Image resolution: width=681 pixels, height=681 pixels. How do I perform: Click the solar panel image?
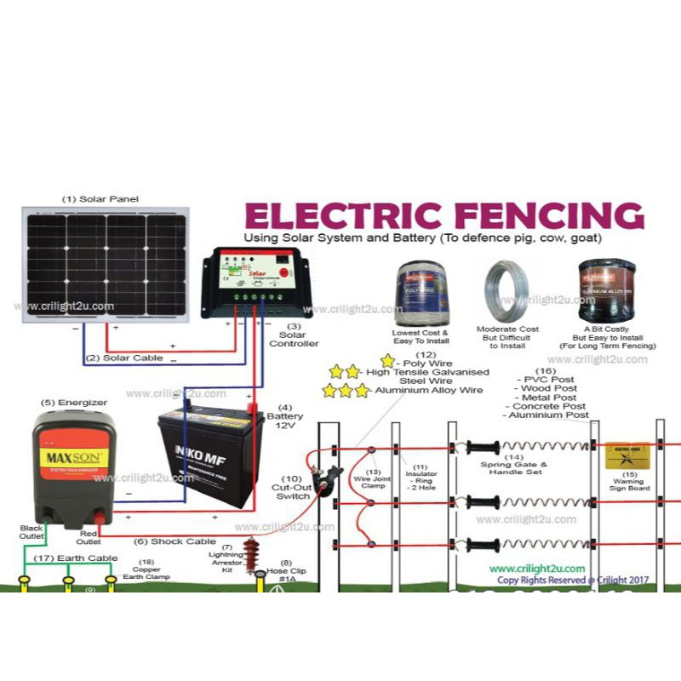point(106,264)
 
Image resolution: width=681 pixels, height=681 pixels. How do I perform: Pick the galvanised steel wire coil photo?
point(507,290)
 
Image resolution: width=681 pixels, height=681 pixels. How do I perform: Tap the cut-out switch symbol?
point(324,482)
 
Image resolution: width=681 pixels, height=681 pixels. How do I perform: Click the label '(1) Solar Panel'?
point(100,198)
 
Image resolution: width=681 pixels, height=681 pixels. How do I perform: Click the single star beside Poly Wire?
point(388,361)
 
